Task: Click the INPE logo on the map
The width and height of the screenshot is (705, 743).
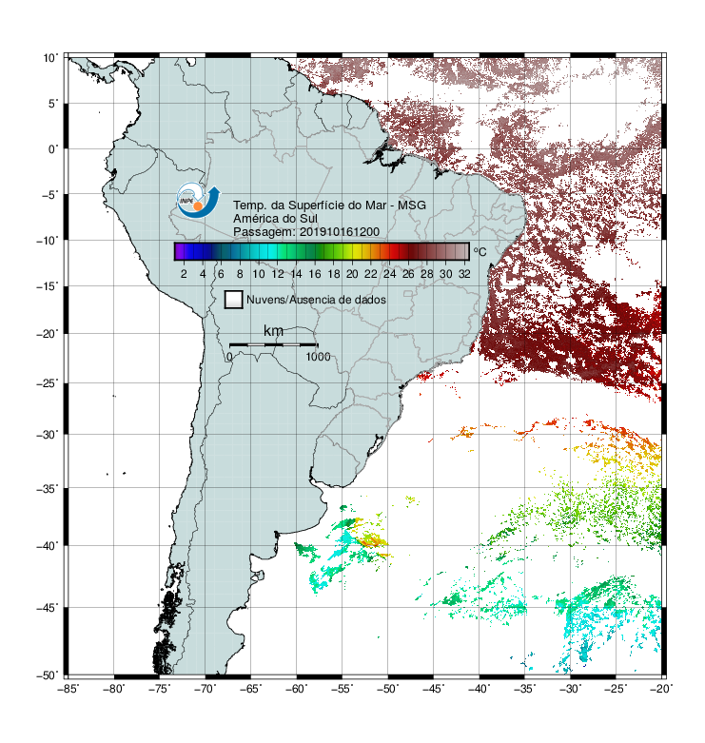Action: tap(198, 201)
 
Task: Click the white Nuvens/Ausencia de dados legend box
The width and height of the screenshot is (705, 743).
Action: tap(234, 300)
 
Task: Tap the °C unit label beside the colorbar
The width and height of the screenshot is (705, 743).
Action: tap(480, 251)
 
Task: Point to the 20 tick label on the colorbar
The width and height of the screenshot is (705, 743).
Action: tap(352, 274)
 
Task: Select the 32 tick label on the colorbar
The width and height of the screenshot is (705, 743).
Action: tap(464, 274)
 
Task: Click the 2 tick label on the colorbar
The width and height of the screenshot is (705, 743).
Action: tap(184, 274)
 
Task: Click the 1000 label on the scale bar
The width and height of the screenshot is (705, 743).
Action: tap(318, 357)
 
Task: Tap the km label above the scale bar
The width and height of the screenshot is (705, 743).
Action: tap(273, 330)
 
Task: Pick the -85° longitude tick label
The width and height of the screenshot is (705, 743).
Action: tap(68, 689)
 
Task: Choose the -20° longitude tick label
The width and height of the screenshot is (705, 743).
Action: tap(662, 689)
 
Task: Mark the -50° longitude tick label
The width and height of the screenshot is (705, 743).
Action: tap(387, 689)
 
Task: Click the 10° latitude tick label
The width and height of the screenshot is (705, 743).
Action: tap(50, 58)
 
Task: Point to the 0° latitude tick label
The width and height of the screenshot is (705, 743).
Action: tap(53, 149)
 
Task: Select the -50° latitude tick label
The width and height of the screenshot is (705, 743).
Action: tap(48, 675)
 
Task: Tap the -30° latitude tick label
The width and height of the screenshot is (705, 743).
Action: tap(48, 434)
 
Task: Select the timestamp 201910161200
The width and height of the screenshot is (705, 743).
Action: tap(340, 232)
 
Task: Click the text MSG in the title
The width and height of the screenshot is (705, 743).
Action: tap(411, 205)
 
